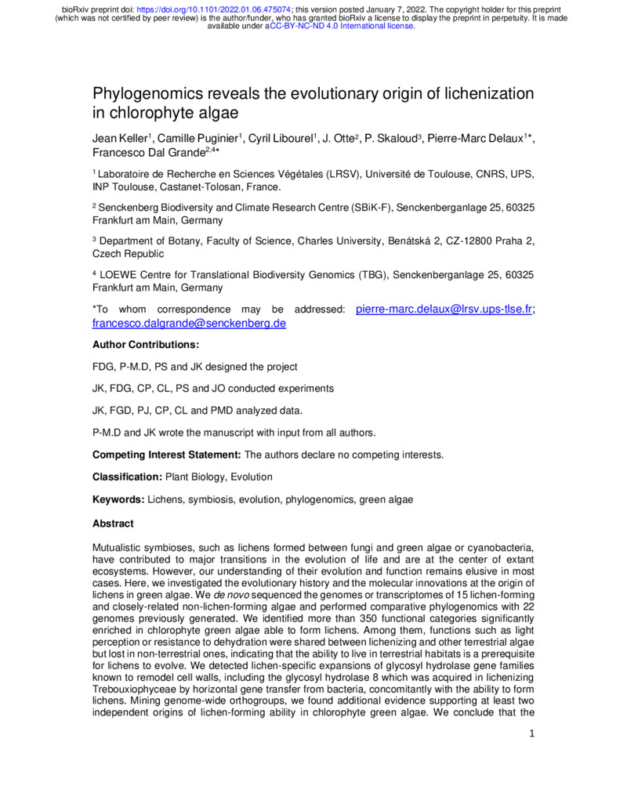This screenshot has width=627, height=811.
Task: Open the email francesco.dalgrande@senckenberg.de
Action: pyautogui.click(x=189, y=324)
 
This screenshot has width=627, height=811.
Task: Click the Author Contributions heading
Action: pyautogui.click(x=145, y=345)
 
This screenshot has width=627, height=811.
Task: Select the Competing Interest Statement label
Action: pyautogui.click(x=167, y=454)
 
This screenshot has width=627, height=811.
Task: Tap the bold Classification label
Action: pyautogui.click(x=126, y=476)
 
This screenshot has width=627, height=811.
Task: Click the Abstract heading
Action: pyautogui.click(x=113, y=523)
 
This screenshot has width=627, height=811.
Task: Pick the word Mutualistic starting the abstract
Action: pyautogui.click(x=121, y=545)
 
